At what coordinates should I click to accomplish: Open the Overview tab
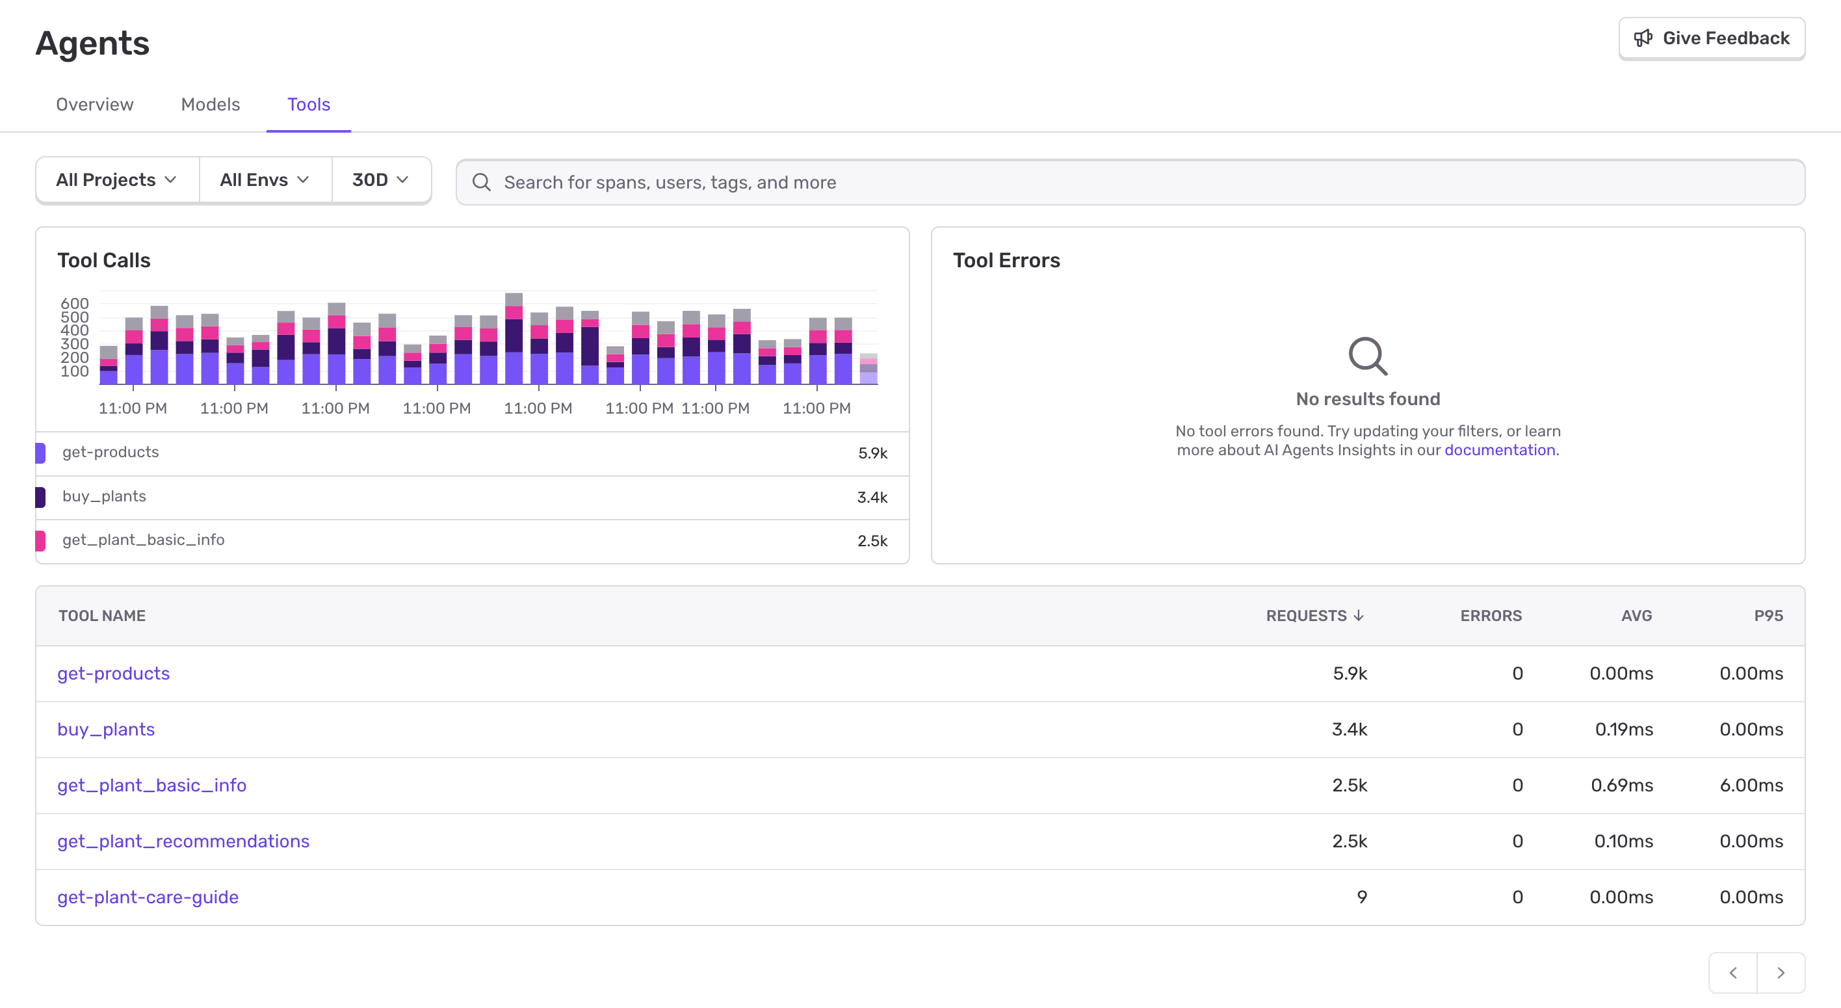point(94,104)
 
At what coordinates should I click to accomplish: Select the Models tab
point(210,104)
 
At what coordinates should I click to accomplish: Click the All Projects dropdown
point(116,180)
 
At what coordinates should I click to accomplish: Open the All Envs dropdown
point(265,180)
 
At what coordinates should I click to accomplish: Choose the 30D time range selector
point(380,180)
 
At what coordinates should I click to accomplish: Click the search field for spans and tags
point(1129,182)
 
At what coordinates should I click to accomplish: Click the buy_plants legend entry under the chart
point(105,496)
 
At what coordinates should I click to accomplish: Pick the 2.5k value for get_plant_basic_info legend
point(872,541)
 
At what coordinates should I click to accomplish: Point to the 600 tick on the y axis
point(74,303)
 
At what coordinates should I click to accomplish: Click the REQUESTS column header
point(1314,615)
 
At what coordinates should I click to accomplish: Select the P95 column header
point(1768,615)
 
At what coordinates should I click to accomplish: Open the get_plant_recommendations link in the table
point(183,841)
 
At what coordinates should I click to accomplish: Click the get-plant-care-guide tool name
point(148,897)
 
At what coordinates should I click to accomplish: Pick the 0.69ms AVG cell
point(1621,785)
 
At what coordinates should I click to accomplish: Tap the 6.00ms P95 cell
point(1751,785)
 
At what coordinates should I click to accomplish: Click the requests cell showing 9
point(1361,897)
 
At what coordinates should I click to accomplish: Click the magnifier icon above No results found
point(1367,355)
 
